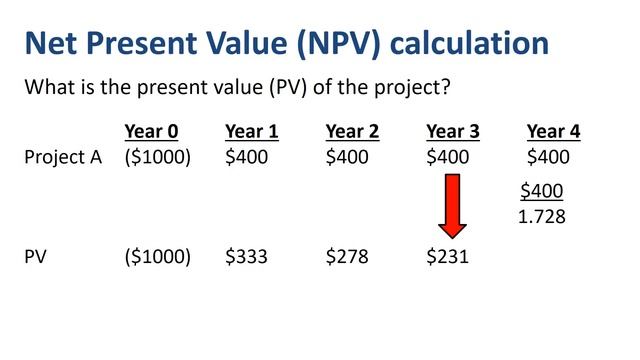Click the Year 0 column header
pyautogui.click(x=151, y=132)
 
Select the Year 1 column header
pyautogui.click(x=252, y=132)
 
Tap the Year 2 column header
pyautogui.click(x=352, y=132)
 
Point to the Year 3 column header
pyautogui.click(x=453, y=132)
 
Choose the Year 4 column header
pyautogui.click(x=553, y=132)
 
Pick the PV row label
pyautogui.click(x=37, y=257)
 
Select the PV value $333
pyautogui.click(x=246, y=257)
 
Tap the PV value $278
pyautogui.click(x=347, y=257)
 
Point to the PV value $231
pyautogui.click(x=447, y=257)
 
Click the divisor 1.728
pyautogui.click(x=542, y=215)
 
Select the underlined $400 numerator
pyautogui.click(x=542, y=191)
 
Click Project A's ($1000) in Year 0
pyautogui.click(x=157, y=157)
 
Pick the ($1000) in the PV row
pyautogui.click(x=157, y=257)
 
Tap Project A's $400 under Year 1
pyautogui.click(x=246, y=157)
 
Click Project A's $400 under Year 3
pyautogui.click(x=447, y=157)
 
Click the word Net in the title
pyautogui.click(x=56, y=43)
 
